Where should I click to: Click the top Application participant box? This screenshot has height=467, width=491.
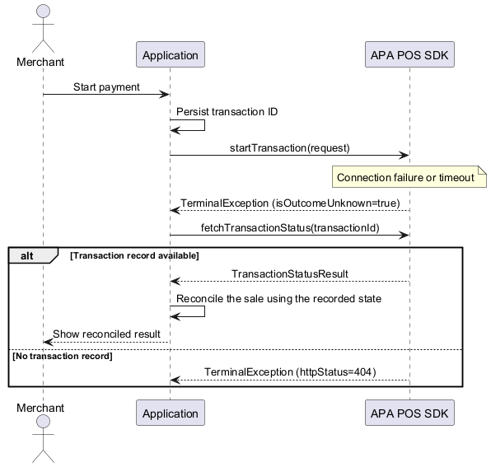click(171, 54)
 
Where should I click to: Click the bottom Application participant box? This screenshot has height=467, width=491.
click(171, 413)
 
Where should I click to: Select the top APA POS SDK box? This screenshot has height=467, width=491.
click(409, 54)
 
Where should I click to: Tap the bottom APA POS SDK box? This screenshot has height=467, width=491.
click(409, 413)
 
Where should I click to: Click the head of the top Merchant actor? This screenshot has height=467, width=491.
click(43, 11)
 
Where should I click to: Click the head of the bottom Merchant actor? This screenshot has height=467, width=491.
click(43, 422)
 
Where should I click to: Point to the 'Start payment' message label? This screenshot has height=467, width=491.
click(106, 87)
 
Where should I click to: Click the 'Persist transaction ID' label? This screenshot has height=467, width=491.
click(227, 112)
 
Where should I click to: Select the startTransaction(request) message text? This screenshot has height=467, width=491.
click(290, 148)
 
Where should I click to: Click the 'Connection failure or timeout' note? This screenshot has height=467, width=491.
click(409, 177)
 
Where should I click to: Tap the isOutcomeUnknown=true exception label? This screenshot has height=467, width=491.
click(290, 203)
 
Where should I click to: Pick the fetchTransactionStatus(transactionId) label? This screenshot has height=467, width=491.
click(290, 228)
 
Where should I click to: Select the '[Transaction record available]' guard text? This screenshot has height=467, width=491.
click(134, 255)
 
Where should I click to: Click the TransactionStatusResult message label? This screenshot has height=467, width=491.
click(290, 274)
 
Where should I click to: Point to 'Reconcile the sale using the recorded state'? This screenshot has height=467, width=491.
click(278, 299)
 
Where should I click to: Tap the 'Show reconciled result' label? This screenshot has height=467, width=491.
click(106, 334)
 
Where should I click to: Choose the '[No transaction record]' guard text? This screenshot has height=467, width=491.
click(63, 356)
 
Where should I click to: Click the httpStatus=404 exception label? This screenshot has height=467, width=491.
click(290, 372)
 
